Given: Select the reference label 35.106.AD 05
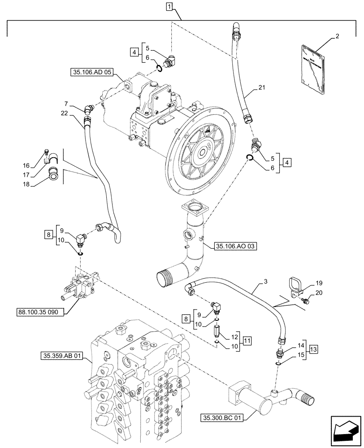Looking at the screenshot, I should [91, 71].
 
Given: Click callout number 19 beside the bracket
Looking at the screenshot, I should [319, 283].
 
